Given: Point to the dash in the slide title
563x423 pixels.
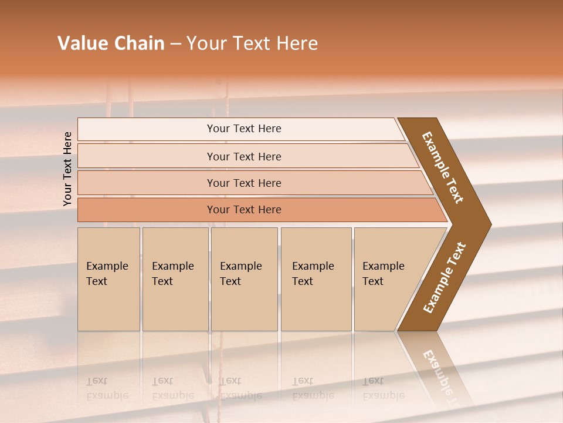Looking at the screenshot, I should [x=175, y=44].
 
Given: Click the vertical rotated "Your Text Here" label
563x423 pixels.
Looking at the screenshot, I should [x=67, y=169].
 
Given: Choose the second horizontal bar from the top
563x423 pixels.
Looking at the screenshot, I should [x=243, y=156].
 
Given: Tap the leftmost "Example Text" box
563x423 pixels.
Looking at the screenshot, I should [x=108, y=279].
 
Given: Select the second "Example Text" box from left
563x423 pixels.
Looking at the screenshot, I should [x=175, y=279].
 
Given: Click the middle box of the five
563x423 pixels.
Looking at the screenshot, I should [x=244, y=279].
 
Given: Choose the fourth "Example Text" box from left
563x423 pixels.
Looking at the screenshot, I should [x=316, y=279].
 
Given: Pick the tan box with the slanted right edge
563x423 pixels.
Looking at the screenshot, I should [x=387, y=279].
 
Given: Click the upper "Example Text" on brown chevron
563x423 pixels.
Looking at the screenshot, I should [x=443, y=167].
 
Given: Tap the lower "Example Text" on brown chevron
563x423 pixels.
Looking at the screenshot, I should [x=444, y=278].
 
